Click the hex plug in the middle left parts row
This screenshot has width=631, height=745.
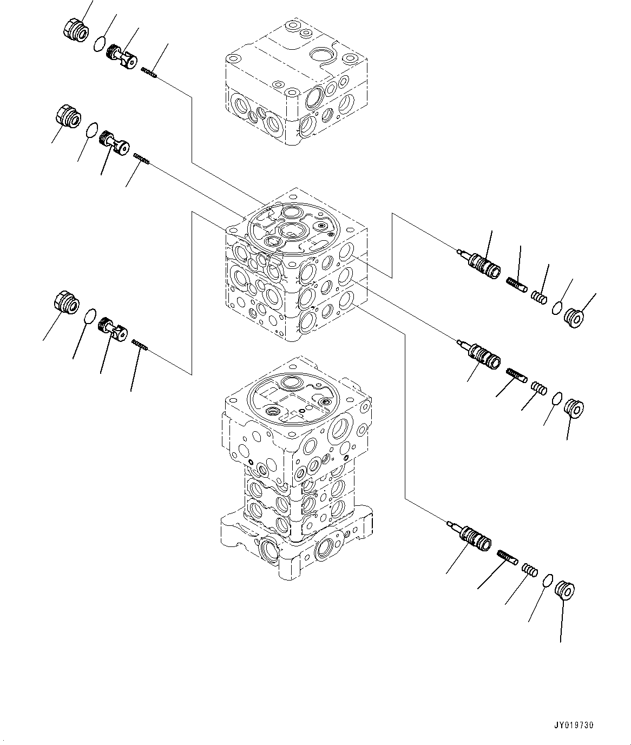68,116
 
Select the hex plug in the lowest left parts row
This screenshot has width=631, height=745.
67,302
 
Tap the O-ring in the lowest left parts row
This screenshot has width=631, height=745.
90,316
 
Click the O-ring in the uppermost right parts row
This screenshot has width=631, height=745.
557,308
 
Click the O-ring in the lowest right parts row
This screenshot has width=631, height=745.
548,581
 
